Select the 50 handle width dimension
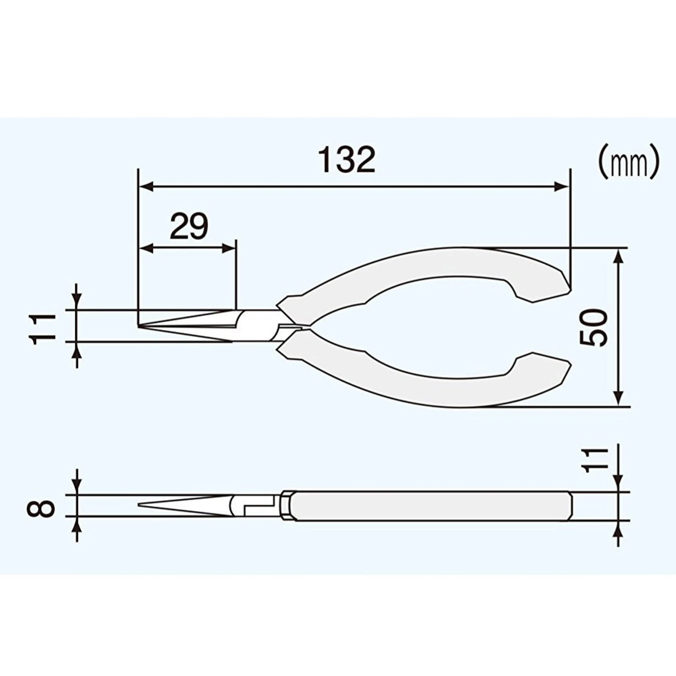pos(593,327)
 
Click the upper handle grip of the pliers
pos(437,266)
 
